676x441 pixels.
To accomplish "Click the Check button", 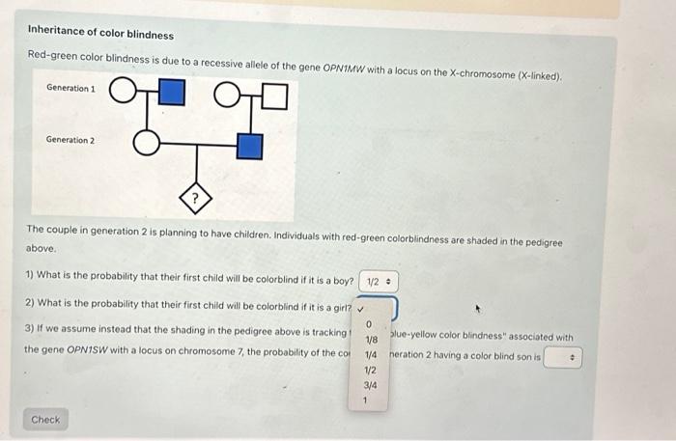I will point(45,420).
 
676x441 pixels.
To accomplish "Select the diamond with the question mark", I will point(197,201).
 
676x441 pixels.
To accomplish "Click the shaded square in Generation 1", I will point(170,94).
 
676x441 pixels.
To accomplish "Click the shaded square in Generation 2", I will point(249,146).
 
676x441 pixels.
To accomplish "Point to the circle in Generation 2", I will point(145,145).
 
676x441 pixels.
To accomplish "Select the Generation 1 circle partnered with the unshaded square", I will point(226,94).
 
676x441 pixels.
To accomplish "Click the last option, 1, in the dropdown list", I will point(367,400).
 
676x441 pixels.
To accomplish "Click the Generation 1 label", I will point(70,89).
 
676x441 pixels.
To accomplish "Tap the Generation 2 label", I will point(70,140).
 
